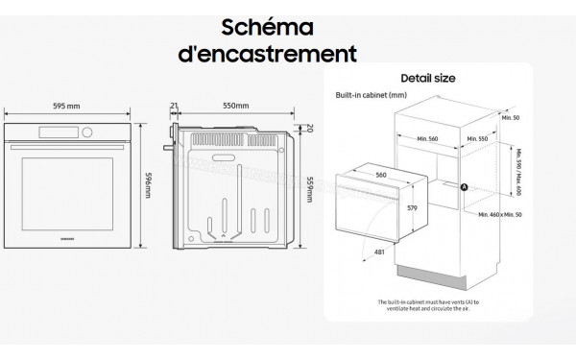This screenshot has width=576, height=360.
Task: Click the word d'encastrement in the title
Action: pos(268,53)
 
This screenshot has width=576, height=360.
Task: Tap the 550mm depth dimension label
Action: pos(235,106)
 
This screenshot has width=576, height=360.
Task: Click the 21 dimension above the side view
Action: pos(174,106)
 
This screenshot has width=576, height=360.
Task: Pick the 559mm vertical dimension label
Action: pos(309,186)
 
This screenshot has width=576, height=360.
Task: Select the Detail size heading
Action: pos(427,78)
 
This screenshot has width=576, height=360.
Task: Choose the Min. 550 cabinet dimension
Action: pos(478,138)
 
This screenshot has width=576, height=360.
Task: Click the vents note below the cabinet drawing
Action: pos(427,303)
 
